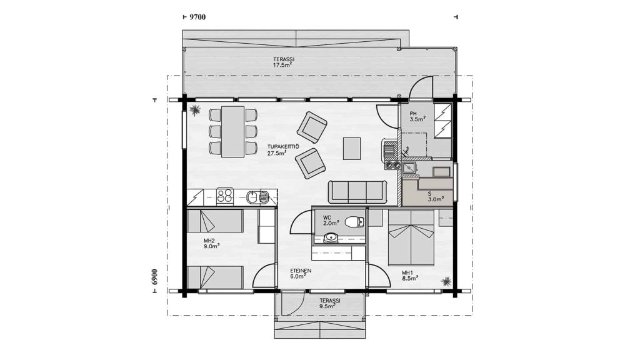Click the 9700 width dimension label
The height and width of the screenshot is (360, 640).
pyautogui.click(x=198, y=17)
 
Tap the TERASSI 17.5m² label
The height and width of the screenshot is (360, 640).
pyautogui.click(x=284, y=62)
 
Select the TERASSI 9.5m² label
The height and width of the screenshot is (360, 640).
pyautogui.click(x=330, y=303)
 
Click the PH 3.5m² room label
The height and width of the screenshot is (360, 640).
pyautogui.click(x=417, y=116)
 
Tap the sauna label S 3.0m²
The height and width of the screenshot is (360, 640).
pyautogui.click(x=435, y=197)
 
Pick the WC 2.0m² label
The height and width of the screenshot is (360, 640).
pyautogui.click(x=331, y=221)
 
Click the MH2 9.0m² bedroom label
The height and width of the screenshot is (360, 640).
pyautogui.click(x=212, y=244)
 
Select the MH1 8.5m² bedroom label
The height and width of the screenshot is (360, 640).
pyautogui.click(x=410, y=276)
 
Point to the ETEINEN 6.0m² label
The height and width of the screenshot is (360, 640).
pyautogui.click(x=301, y=274)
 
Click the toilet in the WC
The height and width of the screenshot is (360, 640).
pyautogui.click(x=354, y=222)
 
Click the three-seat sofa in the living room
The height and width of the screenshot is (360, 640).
pyautogui.click(x=357, y=192)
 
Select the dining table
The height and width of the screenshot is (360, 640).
pyautogui.click(x=232, y=132)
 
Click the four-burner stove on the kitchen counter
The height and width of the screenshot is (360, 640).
pyautogui.click(x=224, y=196)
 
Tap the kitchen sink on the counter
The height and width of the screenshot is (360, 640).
pyautogui.click(x=257, y=197)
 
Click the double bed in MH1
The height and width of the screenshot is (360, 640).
pyautogui.click(x=411, y=238)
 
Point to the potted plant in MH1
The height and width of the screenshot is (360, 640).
pyautogui.click(x=446, y=281)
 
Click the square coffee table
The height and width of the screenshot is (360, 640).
pyautogui.click(x=352, y=149)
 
